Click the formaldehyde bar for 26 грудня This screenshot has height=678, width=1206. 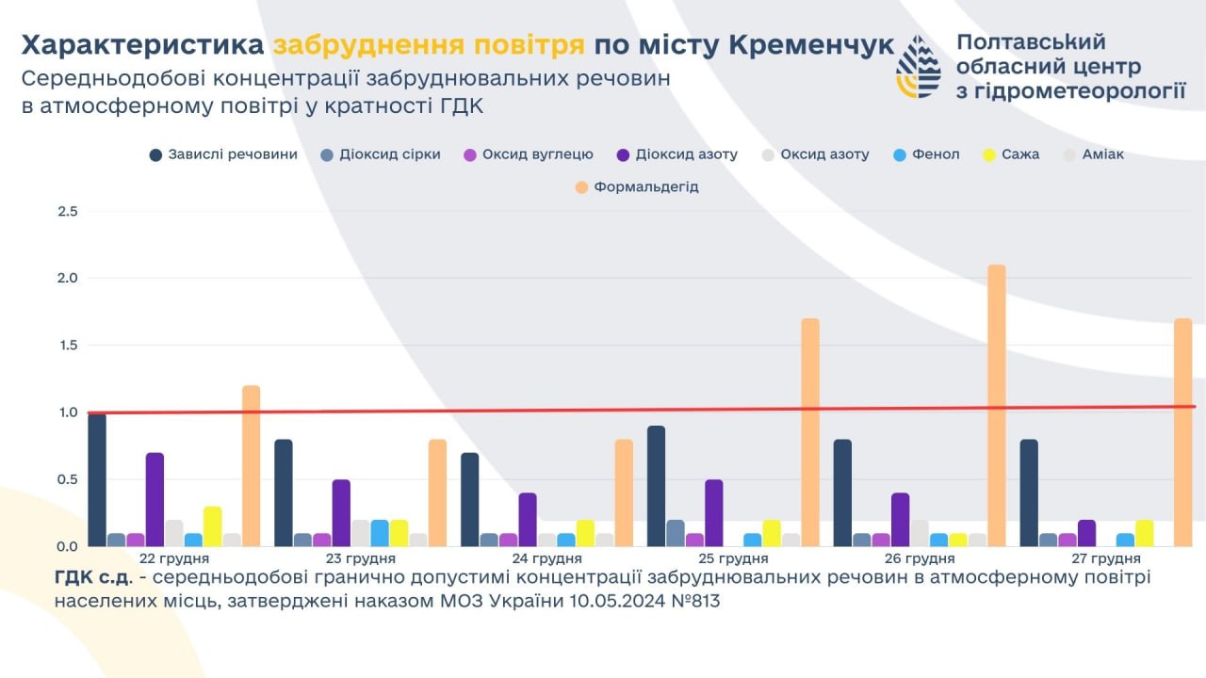click(997, 405)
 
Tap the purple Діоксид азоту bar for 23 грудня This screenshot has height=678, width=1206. click(341, 513)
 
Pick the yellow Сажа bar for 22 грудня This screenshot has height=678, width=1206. click(213, 526)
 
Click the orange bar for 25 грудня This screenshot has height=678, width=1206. click(810, 432)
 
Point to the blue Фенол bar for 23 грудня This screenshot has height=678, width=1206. click(380, 533)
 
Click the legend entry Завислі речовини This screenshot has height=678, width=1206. click(232, 154)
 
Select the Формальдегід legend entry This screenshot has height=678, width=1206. click(645, 187)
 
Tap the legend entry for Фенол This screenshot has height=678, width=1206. click(936, 154)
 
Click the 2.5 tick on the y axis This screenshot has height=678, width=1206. click(68, 211)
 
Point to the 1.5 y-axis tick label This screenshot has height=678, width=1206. click(68, 346)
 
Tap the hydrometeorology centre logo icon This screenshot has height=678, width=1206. click(918, 67)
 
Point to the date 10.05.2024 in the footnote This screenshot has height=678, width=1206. click(613, 601)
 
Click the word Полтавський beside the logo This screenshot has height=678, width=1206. click(1031, 42)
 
